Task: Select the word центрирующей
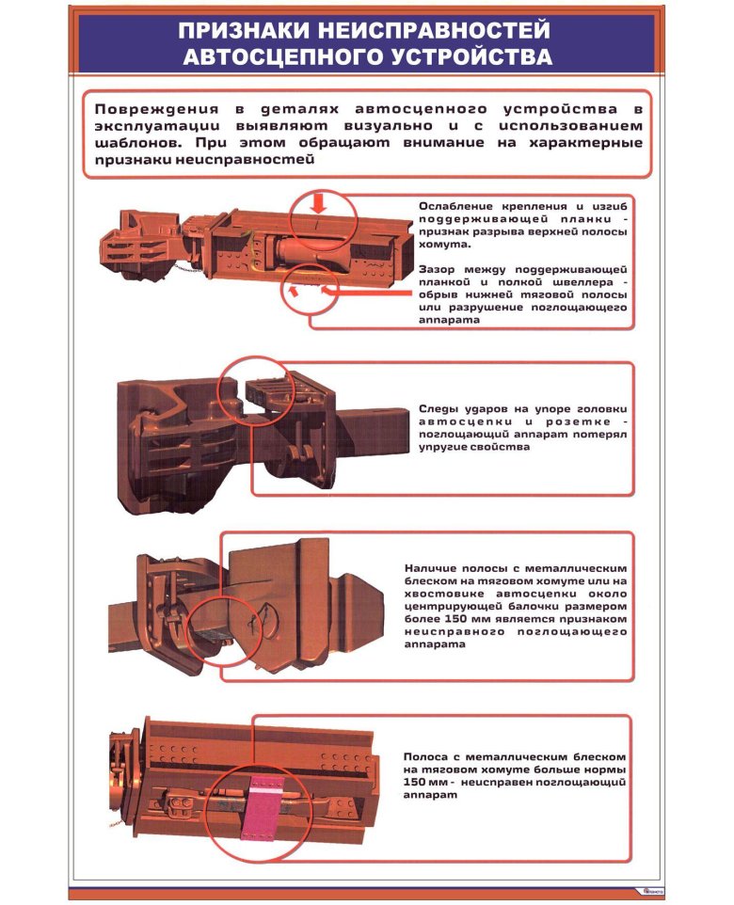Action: [451, 607]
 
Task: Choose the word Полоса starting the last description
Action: [426, 757]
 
